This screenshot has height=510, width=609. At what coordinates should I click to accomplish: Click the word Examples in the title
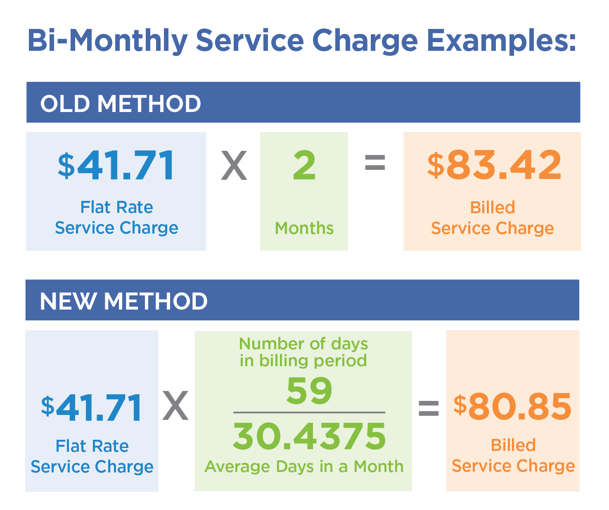click(501, 41)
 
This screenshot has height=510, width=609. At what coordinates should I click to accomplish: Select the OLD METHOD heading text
click(121, 103)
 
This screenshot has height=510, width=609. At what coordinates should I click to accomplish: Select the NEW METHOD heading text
click(123, 301)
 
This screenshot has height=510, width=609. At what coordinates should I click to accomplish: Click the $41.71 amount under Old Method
click(116, 166)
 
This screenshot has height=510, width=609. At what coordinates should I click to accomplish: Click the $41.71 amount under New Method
click(92, 408)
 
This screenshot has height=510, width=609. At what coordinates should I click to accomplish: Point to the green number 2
click(304, 165)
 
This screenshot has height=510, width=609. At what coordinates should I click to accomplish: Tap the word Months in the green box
click(304, 228)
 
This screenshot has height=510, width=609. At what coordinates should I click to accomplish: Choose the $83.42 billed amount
click(494, 165)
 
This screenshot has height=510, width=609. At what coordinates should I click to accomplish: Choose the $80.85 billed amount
click(512, 407)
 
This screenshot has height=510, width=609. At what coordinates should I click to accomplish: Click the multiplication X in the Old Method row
click(234, 166)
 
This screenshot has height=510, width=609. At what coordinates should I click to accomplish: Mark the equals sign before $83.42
click(375, 162)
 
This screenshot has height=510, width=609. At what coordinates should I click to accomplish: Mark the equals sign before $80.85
click(429, 408)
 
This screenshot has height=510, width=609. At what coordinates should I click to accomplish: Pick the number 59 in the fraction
click(309, 391)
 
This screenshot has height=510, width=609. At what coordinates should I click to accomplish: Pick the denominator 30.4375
click(309, 436)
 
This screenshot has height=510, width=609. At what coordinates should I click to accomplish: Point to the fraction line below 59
click(309, 412)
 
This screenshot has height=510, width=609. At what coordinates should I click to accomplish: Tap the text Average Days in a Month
click(304, 467)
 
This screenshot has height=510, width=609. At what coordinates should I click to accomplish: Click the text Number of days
click(303, 344)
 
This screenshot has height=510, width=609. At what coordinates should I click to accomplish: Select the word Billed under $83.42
click(493, 207)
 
